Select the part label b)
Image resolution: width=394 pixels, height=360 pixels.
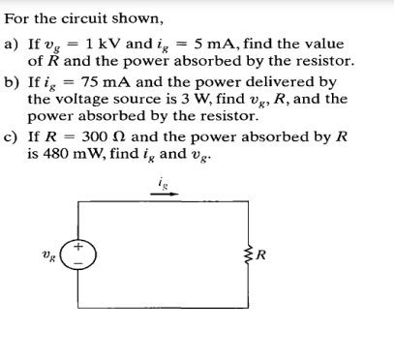pos(14,83)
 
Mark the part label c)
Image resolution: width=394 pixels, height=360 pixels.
pos(14,135)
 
